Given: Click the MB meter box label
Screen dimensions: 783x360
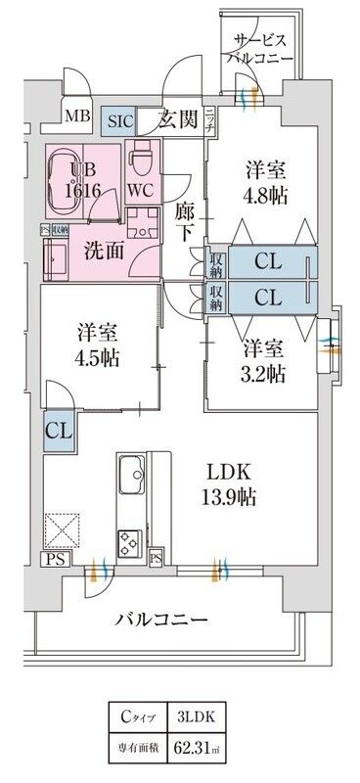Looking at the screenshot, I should coord(76,119).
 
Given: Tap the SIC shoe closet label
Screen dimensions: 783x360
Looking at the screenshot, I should coord(120,121).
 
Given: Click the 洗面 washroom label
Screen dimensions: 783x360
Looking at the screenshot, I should coord(103,249).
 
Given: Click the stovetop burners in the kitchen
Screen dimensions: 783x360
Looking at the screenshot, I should coord(129,541).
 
